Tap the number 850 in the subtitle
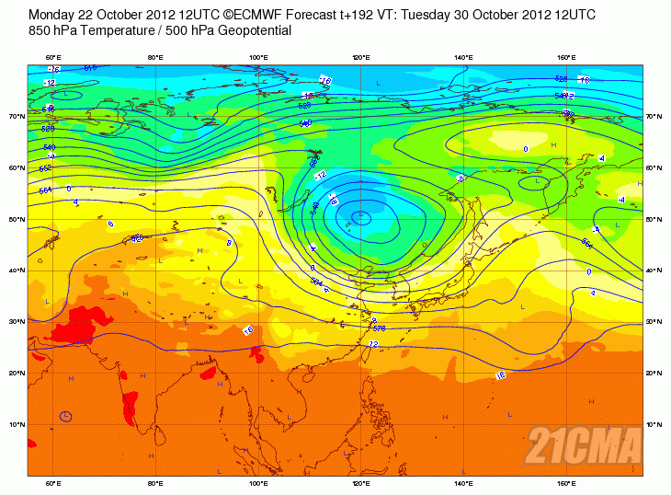pyautogui.click(x=41, y=31)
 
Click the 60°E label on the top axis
pyautogui.click(x=52, y=58)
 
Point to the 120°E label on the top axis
pyautogui.click(x=361, y=58)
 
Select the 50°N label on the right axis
pyautogui.click(x=654, y=220)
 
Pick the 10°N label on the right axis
pyautogui.click(x=654, y=425)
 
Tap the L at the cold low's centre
pyautogui.click(x=360, y=217)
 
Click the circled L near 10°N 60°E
pyautogui.click(x=66, y=417)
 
